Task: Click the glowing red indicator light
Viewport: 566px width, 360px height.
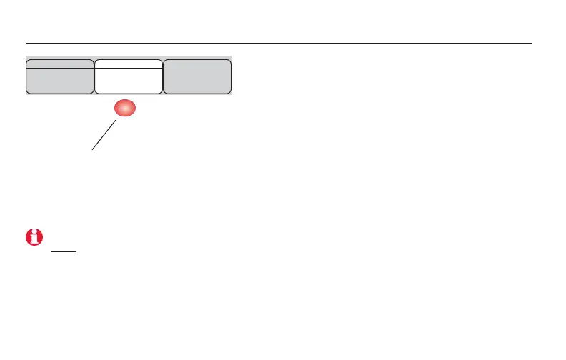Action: [x=123, y=109]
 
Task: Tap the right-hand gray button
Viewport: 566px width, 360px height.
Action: [x=197, y=76]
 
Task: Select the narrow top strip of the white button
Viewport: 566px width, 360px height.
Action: [x=129, y=64]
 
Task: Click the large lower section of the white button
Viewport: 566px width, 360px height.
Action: [x=129, y=81]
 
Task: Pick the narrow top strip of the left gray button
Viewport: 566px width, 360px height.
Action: [x=60, y=64]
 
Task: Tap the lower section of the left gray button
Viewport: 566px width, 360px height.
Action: [x=60, y=81]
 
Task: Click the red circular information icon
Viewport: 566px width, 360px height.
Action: [x=34, y=239]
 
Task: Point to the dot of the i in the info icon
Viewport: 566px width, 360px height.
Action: [x=34, y=234]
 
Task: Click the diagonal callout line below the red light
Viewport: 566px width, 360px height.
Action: [x=104, y=135]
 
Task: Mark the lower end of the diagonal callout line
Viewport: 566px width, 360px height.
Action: [x=91, y=149]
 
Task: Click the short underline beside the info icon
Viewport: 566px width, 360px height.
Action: [x=63, y=251]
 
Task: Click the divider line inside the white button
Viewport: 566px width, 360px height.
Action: [x=129, y=68]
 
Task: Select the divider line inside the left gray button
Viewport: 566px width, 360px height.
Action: [x=60, y=68]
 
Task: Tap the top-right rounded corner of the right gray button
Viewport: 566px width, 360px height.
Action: [x=229, y=63]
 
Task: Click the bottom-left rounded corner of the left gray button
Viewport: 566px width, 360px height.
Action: [x=29, y=91]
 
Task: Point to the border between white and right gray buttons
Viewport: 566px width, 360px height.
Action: [x=163, y=76]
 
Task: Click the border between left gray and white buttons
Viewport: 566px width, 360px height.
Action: [x=94, y=76]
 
